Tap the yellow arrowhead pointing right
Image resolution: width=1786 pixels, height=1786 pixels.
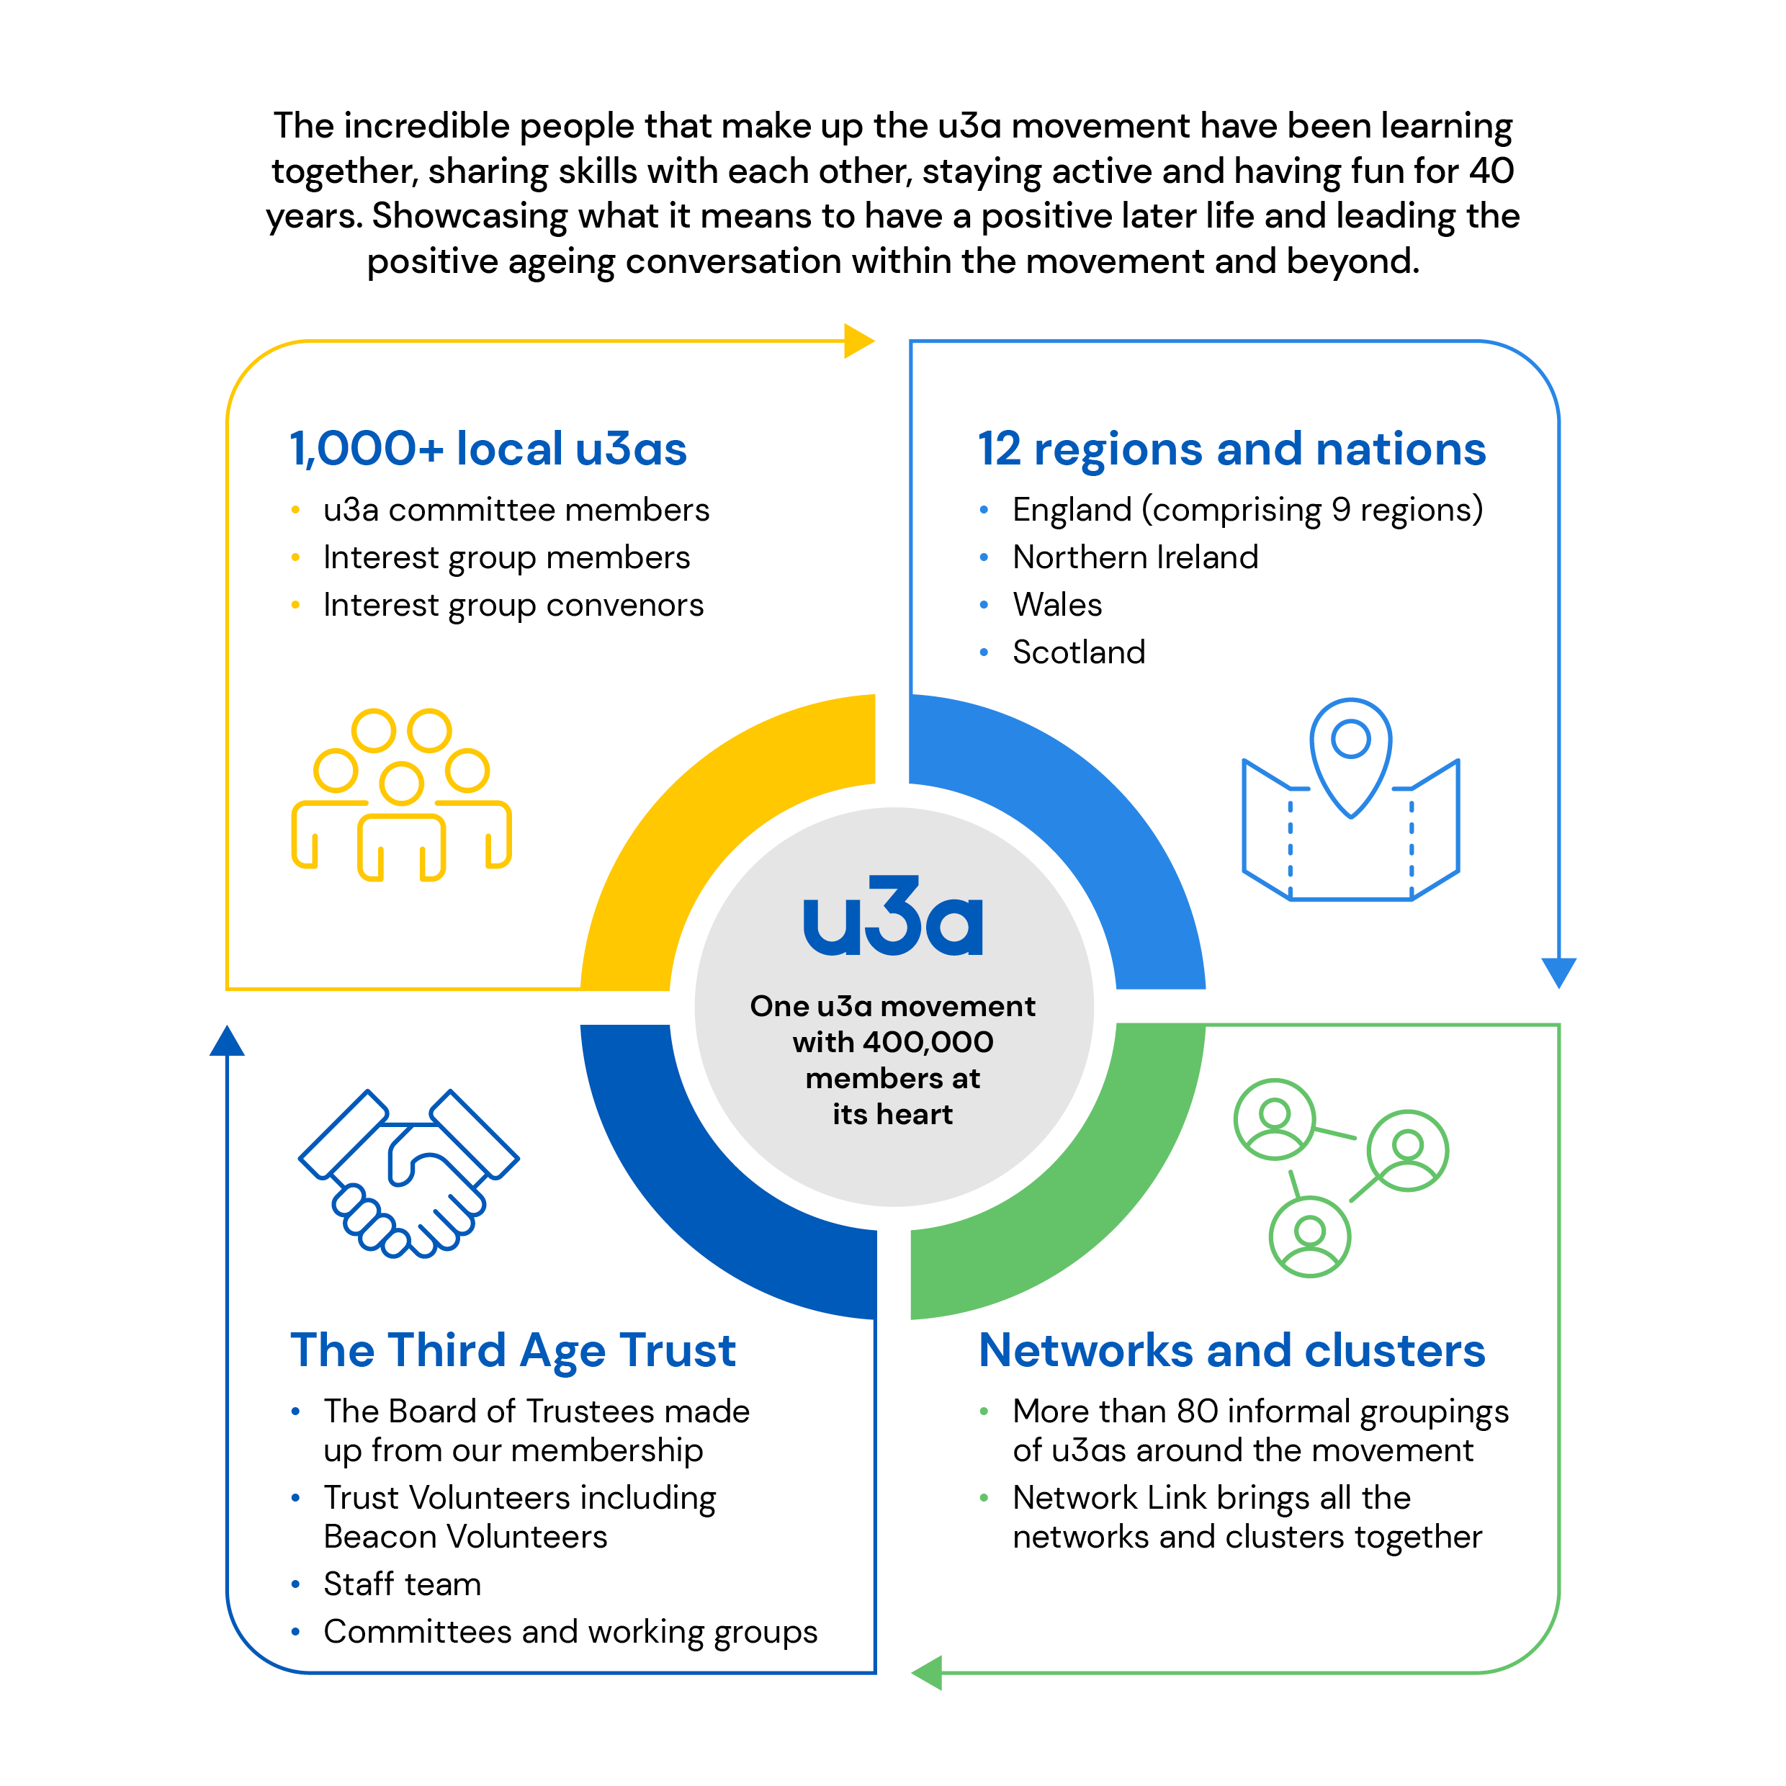(858, 341)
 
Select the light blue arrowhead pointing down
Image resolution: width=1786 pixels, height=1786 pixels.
(1558, 971)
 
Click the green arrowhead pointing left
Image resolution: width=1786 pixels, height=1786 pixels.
(927, 1672)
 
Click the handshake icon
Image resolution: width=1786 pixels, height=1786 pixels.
(408, 1173)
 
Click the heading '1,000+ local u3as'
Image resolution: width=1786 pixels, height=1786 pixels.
(488, 449)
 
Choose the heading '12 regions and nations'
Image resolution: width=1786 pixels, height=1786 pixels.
(1231, 449)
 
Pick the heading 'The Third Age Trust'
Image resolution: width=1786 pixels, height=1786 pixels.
(513, 1350)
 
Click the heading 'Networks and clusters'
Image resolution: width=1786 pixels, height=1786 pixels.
(1231, 1350)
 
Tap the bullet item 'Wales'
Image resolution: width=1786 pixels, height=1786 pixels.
(1057, 605)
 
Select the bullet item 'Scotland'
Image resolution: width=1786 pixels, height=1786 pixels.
(1079, 652)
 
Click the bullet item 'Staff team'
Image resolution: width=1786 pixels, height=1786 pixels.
(402, 1584)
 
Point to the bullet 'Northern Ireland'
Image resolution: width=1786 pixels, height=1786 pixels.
(1135, 557)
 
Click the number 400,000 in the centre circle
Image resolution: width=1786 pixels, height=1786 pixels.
(927, 1042)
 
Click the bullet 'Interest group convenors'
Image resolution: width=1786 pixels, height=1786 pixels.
(513, 606)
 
